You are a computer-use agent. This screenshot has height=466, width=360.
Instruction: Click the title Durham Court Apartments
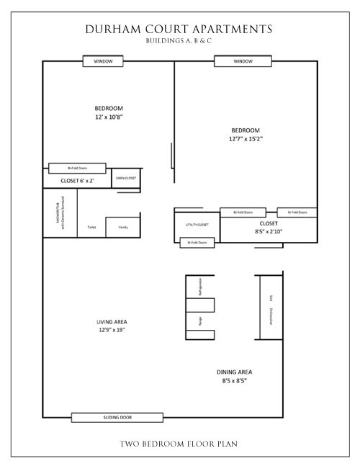click(179, 29)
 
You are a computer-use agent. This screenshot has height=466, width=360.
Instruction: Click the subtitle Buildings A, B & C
click(179, 41)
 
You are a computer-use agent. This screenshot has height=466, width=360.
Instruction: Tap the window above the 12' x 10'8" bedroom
click(103, 61)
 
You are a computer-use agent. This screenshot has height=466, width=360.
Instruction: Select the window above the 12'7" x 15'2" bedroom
click(243, 61)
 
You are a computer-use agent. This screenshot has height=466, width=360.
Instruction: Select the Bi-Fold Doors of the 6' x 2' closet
click(78, 169)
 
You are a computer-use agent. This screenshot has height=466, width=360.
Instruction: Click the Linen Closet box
click(126, 178)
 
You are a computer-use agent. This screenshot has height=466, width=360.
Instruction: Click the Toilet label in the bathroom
click(91, 228)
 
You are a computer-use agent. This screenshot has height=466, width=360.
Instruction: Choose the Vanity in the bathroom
click(122, 226)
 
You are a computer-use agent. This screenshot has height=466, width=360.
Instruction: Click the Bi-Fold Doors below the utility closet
click(197, 243)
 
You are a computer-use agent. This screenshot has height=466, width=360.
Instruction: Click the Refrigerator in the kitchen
click(197, 286)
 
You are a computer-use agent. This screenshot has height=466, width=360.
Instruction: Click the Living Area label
click(112, 326)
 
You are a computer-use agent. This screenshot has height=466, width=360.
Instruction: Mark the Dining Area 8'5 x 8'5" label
click(235, 377)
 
